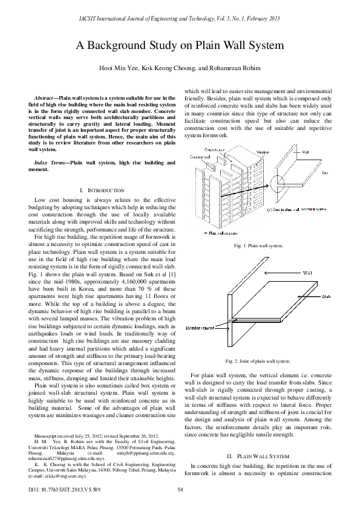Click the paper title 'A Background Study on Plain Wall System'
pos(180,45)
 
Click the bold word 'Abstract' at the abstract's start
pos(45,97)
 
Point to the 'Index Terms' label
pos(50,163)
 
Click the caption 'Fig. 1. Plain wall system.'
pos(258,246)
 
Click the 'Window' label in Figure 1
pos(246,152)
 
